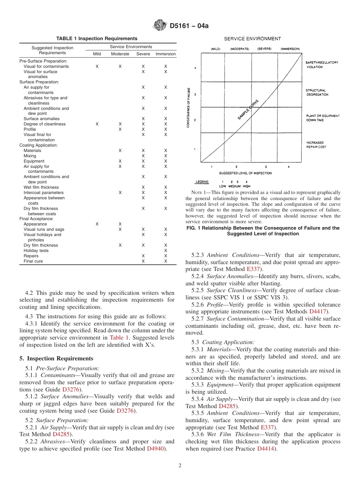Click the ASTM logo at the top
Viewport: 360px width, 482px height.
pyautogui.click(x=160, y=25)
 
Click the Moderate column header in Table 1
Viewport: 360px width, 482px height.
pyautogui.click(x=120, y=54)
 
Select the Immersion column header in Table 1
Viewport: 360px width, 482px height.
pyautogui.click(x=166, y=54)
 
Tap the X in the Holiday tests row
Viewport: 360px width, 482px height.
pyautogui.click(x=166, y=250)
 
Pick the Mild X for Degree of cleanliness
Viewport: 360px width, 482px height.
pyautogui.click(x=97, y=124)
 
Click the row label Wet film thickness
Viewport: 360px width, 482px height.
pyautogui.click(x=41, y=187)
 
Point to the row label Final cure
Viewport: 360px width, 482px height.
pyautogui.click(x=33, y=261)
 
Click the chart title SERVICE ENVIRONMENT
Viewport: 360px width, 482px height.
pyautogui.click(x=252, y=39)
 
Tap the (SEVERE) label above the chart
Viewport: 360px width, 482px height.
pyautogui.click(x=264, y=49)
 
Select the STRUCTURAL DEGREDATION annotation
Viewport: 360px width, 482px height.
pyautogui.click(x=317, y=92)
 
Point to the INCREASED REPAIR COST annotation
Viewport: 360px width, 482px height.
pyautogui.click(x=316, y=145)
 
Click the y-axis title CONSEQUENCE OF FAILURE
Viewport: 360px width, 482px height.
pyautogui.click(x=188, y=108)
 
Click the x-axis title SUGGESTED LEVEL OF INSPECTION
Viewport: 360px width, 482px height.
pyautogui.click(x=245, y=173)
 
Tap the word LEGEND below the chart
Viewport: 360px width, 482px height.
pyautogui.click(x=202, y=182)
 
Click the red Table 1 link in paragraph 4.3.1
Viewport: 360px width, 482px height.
pyautogui.click(x=119, y=337)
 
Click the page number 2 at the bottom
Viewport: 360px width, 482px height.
pyautogui.click(x=180, y=466)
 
